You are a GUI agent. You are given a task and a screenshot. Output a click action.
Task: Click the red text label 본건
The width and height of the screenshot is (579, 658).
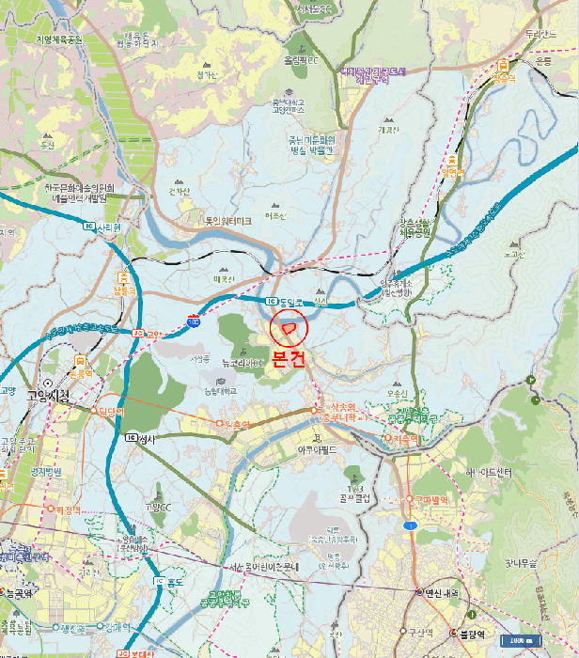288,358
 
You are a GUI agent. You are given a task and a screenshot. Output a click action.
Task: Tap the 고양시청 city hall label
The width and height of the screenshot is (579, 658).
49,396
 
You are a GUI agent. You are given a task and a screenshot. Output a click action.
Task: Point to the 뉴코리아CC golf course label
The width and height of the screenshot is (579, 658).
243,362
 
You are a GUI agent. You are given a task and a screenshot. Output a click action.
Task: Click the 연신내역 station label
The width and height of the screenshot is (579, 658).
438,592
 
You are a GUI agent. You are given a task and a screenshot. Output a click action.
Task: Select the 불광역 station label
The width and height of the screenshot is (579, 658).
471,634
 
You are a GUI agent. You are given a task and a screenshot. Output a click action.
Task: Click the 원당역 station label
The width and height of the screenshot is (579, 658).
111,411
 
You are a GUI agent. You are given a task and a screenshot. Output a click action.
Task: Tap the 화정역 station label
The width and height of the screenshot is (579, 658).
68,509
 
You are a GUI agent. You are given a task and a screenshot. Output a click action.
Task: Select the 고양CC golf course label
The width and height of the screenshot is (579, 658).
158,508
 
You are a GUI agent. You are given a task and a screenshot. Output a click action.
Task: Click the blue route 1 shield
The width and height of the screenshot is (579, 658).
410,525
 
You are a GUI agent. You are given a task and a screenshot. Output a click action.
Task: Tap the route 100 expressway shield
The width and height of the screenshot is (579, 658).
193,321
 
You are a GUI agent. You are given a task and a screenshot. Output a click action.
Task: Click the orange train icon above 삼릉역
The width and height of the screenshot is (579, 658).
124,277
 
